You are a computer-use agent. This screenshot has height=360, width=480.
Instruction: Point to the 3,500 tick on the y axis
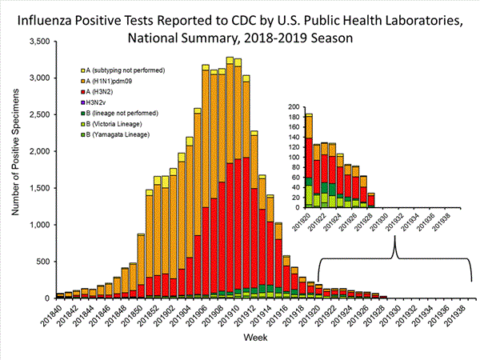pos(38,40)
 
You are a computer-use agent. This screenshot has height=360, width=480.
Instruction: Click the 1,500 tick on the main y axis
pos(38,187)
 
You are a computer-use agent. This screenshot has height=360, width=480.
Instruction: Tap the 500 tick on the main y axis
pos(43,261)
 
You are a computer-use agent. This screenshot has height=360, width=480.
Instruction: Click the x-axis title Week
pos(255,339)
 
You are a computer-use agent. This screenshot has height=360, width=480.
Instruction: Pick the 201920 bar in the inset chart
pos(309,160)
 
